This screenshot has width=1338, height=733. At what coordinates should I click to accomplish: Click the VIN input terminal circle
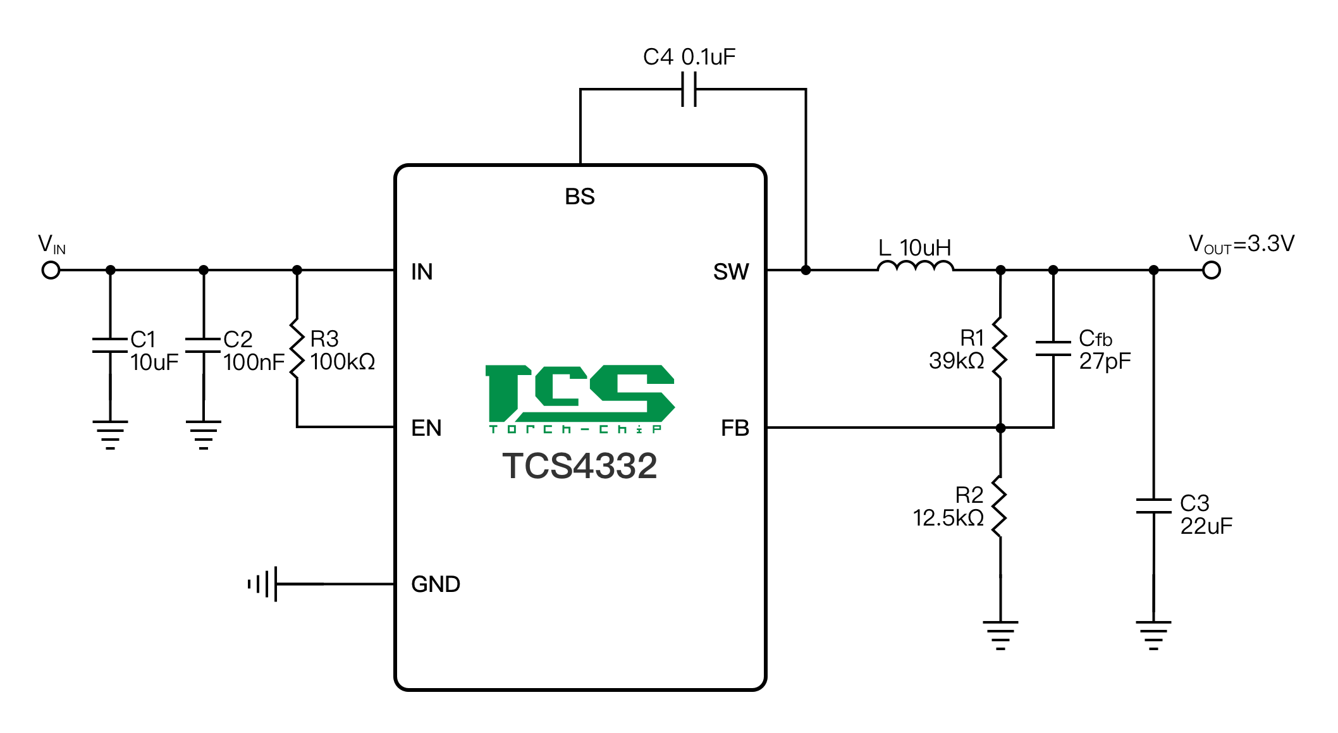coord(51,271)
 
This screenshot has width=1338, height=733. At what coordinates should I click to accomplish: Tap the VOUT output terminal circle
coord(1212,271)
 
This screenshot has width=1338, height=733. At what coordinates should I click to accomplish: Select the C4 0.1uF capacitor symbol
coord(689,89)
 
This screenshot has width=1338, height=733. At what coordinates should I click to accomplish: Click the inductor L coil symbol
coord(915,266)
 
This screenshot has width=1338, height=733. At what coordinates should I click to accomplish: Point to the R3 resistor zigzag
coord(297,349)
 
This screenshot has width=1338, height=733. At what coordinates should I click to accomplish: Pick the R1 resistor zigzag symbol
coord(1000,348)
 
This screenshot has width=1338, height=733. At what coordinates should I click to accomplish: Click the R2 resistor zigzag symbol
coord(1000,507)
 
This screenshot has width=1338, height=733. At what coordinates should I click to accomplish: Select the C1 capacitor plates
coord(110,345)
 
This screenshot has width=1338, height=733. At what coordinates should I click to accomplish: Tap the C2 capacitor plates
coord(203,345)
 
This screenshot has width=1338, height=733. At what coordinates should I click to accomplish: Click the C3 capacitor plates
coord(1153,506)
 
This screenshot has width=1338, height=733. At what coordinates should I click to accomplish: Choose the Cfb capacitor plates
coord(1053,348)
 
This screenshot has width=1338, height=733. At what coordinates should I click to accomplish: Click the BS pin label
coord(580,197)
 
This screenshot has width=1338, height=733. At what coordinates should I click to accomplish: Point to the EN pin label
coord(426,428)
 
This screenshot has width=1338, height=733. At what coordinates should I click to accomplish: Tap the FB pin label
coord(735,428)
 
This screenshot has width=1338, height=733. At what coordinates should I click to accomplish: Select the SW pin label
coord(731,272)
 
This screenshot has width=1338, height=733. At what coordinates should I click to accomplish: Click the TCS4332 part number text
coord(579,466)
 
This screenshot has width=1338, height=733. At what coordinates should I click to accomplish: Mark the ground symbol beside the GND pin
coord(264,584)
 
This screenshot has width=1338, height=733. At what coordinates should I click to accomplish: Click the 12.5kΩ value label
coord(948,519)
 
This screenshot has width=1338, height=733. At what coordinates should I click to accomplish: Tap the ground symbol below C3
coord(1153,634)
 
